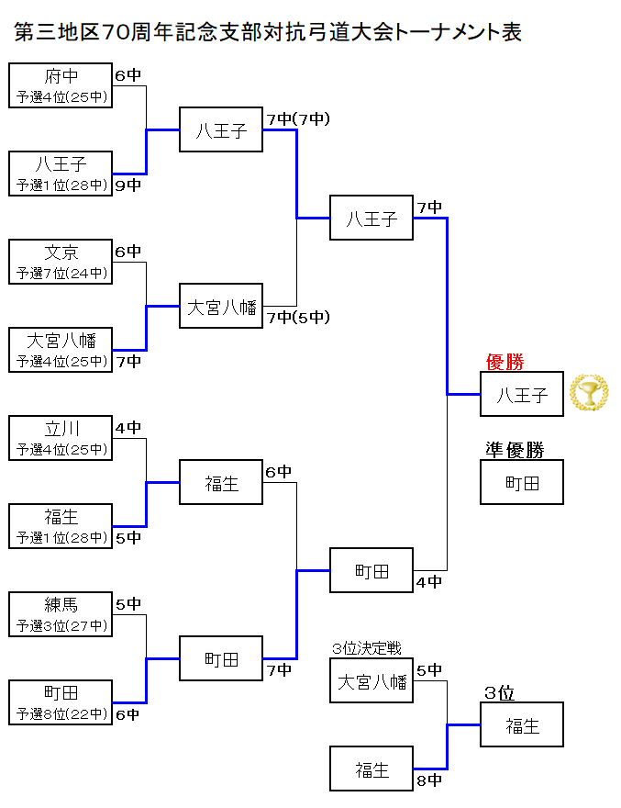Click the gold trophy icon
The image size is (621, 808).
click(x=588, y=392)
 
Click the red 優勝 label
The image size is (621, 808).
click(x=505, y=362)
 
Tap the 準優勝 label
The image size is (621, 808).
click(x=515, y=450)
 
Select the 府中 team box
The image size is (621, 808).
click(x=61, y=84)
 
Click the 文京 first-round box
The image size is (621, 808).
click(x=61, y=261)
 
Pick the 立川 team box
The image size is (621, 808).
click(x=61, y=437)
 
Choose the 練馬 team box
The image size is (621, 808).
click(x=61, y=613)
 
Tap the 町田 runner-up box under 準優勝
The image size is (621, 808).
click(x=522, y=482)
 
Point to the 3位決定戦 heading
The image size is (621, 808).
click(x=367, y=648)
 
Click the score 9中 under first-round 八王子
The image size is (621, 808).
click(x=128, y=185)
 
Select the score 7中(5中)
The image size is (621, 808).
click(x=297, y=318)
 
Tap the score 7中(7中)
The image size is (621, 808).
click(x=297, y=119)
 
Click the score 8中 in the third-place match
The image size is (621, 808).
click(x=428, y=781)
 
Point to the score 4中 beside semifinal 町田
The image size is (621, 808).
click(x=428, y=581)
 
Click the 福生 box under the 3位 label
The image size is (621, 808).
click(x=522, y=724)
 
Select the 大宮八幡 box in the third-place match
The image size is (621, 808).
click(x=371, y=681)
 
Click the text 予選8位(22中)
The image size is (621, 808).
click(x=61, y=714)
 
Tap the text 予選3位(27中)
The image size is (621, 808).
click(x=61, y=626)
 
